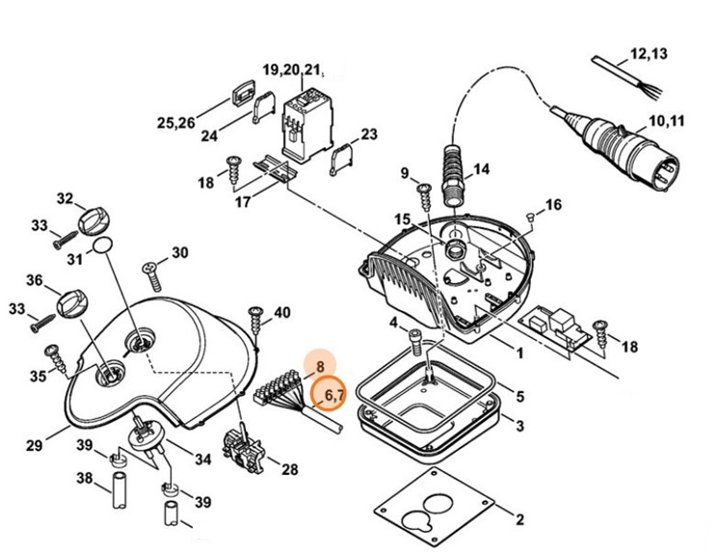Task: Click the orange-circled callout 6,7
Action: [329, 393]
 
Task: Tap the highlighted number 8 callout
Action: [320, 365]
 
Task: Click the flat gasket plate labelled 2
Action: [434, 506]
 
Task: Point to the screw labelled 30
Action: [153, 276]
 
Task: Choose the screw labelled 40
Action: [255, 324]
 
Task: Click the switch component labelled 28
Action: [242, 451]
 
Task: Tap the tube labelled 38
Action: [119, 490]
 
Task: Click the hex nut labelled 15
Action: [453, 249]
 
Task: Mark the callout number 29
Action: [34, 445]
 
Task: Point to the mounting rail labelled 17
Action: [275, 169]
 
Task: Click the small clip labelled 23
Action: [340, 159]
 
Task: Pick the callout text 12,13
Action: [648, 54]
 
